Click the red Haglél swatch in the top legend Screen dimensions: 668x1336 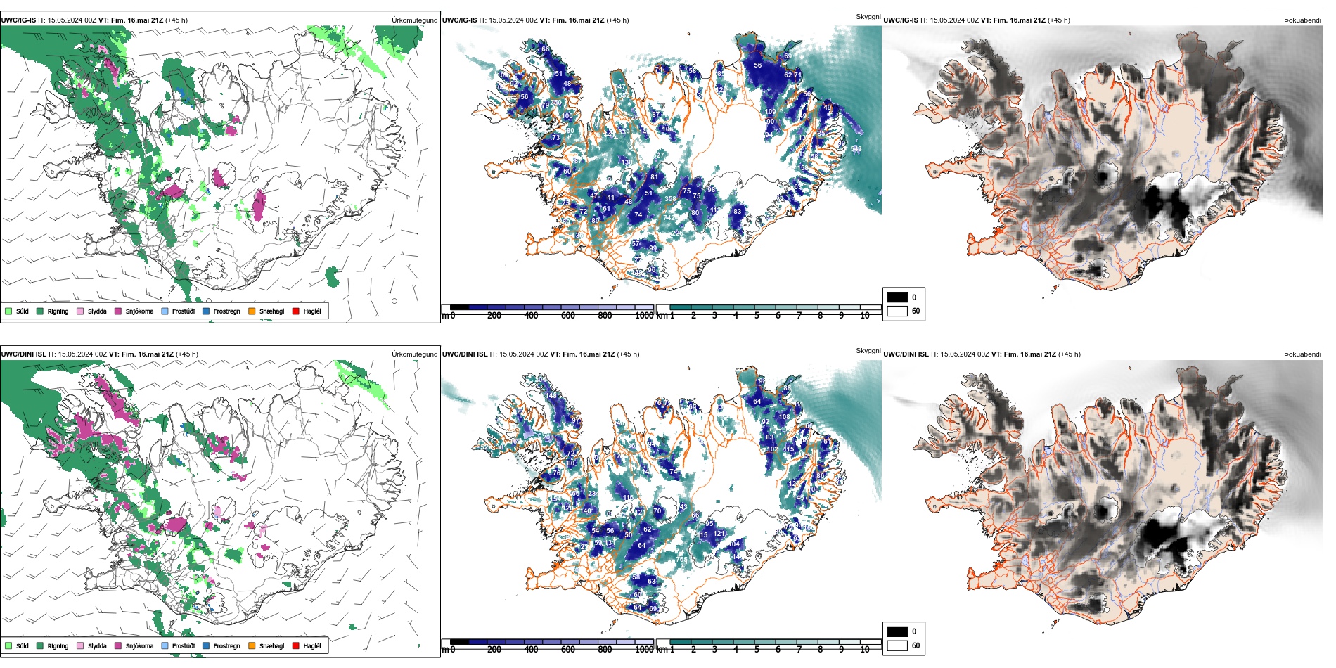[295, 311]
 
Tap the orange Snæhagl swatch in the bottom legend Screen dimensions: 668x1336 [252, 645]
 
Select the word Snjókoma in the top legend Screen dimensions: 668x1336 [139, 311]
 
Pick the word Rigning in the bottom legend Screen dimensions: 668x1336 [58, 645]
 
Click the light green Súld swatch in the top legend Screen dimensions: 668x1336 [8, 311]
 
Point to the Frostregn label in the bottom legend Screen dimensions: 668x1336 [226, 645]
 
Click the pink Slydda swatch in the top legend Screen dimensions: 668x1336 [80, 311]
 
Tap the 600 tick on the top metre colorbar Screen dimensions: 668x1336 [567, 316]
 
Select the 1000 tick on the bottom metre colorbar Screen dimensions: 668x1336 [644, 650]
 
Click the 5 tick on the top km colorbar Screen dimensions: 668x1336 [757, 316]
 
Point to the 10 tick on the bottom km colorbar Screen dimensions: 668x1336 [865, 650]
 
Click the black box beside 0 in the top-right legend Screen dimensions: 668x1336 [897, 297]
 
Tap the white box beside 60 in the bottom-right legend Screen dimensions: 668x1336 [897, 645]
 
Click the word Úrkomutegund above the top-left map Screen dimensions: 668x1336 [414, 20]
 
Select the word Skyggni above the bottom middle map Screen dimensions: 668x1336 [868, 350]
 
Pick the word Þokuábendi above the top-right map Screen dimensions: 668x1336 [1302, 20]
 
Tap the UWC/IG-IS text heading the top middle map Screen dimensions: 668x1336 [459, 20]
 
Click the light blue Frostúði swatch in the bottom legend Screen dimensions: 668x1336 [165, 645]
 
